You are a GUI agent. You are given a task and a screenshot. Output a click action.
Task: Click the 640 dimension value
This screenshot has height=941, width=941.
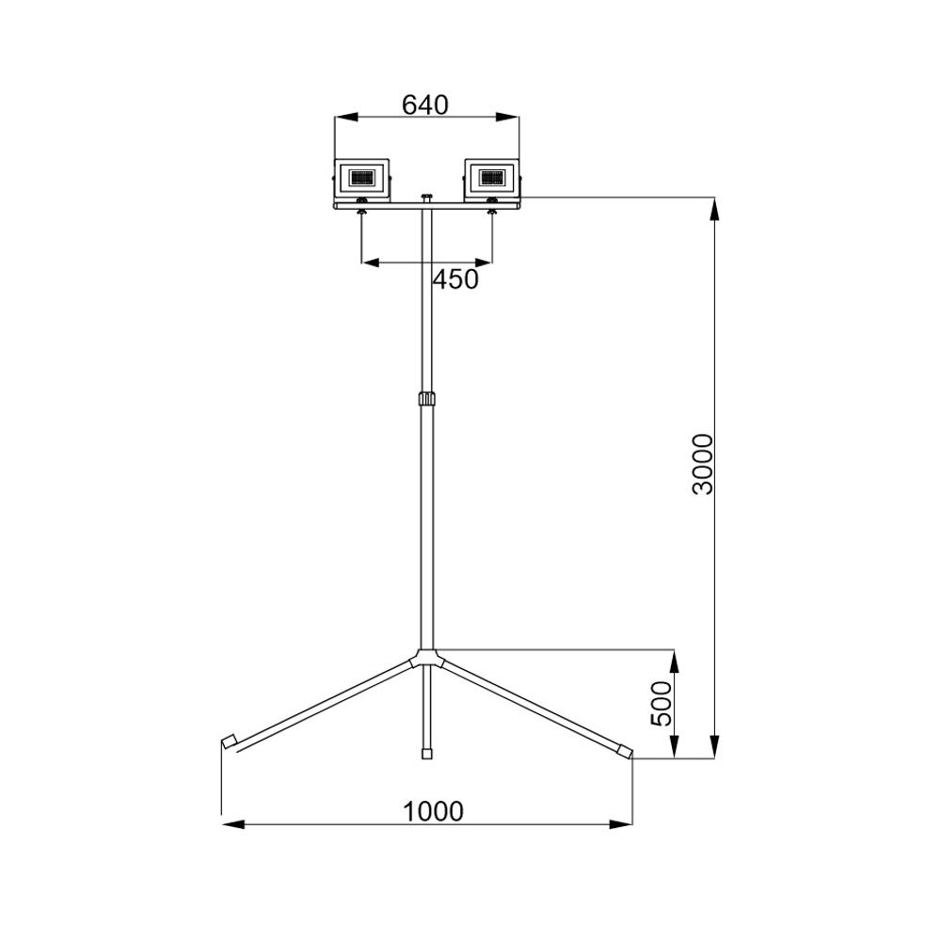pos(425,105)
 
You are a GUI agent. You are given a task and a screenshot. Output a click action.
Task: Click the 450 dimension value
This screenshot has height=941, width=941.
pos(456,279)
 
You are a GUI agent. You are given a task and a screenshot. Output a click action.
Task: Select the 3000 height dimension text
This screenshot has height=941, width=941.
pos(703,464)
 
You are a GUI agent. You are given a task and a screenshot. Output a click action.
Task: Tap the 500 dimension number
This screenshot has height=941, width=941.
pos(662,703)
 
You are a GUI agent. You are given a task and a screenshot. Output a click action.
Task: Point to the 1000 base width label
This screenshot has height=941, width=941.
pos(433,812)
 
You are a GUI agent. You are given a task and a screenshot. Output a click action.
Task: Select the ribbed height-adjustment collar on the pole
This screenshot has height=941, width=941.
pos(426,399)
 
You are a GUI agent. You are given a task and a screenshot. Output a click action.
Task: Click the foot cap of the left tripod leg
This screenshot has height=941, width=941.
pos(230,742)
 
